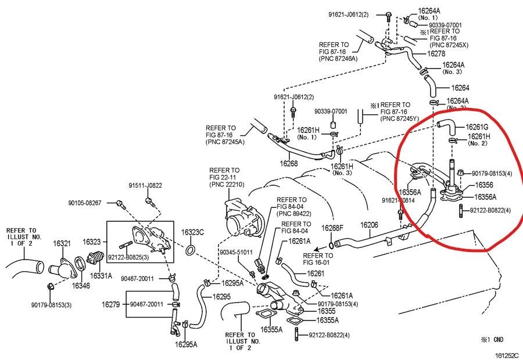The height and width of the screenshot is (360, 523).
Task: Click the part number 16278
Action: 436,53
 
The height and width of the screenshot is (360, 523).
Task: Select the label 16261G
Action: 477,127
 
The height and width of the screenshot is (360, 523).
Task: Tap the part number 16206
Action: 369,225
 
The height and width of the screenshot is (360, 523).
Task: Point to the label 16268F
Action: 333,228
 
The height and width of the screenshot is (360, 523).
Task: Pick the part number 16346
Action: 81,286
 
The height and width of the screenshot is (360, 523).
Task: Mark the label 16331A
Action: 101,276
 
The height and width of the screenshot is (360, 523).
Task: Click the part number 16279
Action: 110,304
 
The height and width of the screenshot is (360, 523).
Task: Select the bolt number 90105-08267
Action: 85,203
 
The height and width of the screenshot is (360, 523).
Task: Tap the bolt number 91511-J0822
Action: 145,186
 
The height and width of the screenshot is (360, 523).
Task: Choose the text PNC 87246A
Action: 338,59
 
